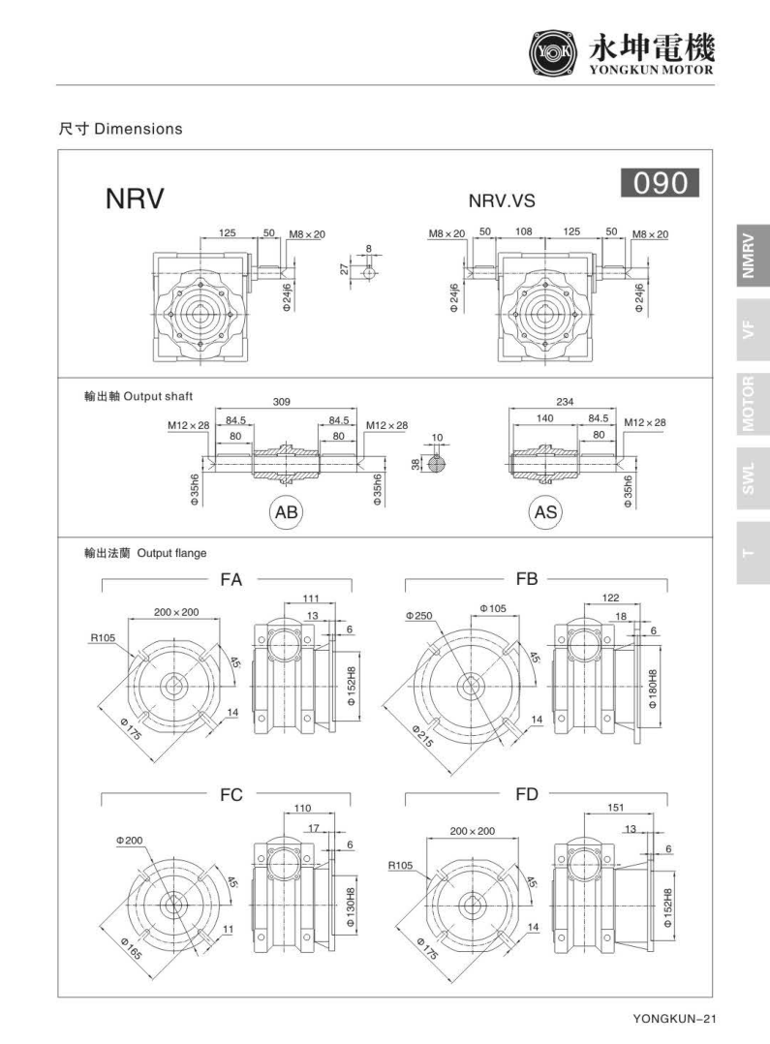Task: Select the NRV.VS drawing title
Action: (502, 201)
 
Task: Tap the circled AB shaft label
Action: (287, 512)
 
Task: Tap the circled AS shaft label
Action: (546, 512)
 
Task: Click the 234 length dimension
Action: (566, 400)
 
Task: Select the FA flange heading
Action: (231, 579)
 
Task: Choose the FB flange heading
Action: (526, 579)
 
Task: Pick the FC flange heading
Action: (231, 795)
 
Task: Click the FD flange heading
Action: (526, 795)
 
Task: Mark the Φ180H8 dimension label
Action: (654, 689)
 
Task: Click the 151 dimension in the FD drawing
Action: (615, 807)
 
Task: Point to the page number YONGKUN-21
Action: (673, 1018)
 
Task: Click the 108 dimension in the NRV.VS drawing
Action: (523, 233)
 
